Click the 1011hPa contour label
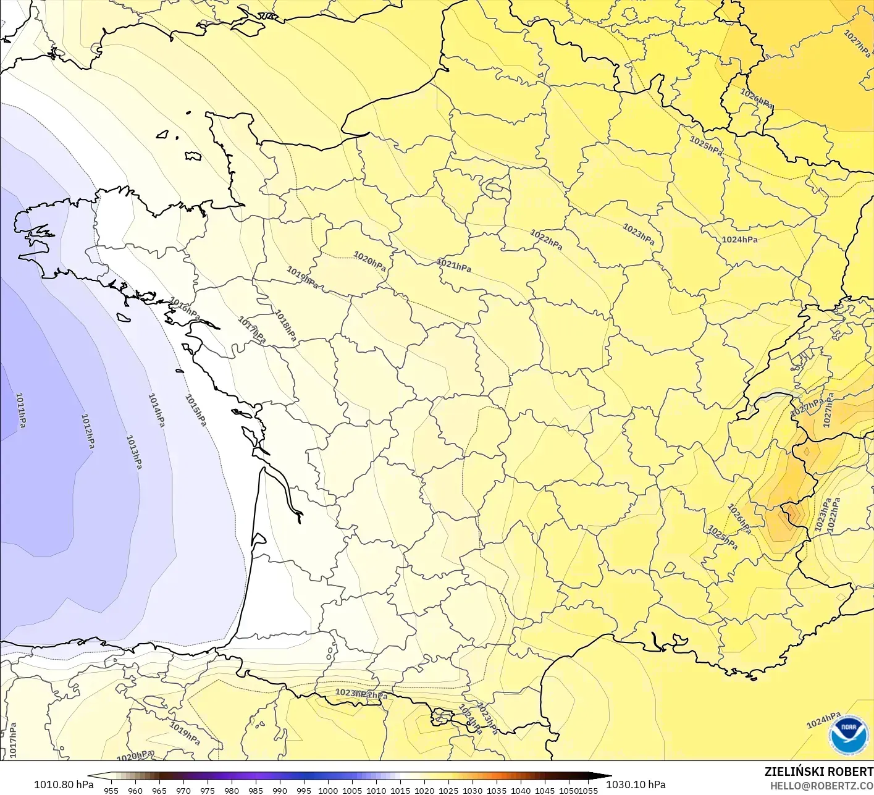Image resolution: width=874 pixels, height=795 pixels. click(21, 410)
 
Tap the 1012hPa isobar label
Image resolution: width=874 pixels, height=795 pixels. click(89, 431)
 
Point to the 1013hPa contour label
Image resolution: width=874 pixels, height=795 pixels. click(134, 452)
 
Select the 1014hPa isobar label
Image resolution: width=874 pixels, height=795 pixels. click(156, 410)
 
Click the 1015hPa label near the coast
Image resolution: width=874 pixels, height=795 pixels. click(195, 410)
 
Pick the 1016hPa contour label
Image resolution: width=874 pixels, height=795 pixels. click(185, 306)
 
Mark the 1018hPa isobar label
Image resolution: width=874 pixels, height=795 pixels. click(285, 326)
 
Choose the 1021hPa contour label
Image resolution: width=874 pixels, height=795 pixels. click(454, 266)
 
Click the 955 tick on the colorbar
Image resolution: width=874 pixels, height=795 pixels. click(111, 790)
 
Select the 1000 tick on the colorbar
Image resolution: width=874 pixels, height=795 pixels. click(328, 790)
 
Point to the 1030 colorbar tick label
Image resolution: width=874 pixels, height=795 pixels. click(473, 790)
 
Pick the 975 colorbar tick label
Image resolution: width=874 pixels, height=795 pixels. click(208, 790)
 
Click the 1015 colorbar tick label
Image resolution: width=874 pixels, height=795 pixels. click(400, 790)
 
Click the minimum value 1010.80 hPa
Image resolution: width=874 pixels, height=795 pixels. click(64, 784)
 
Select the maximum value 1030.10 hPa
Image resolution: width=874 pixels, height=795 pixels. click(636, 784)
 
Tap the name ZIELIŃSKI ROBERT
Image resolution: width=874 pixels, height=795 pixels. click(818, 772)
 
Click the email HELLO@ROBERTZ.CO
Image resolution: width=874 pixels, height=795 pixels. click(821, 785)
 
